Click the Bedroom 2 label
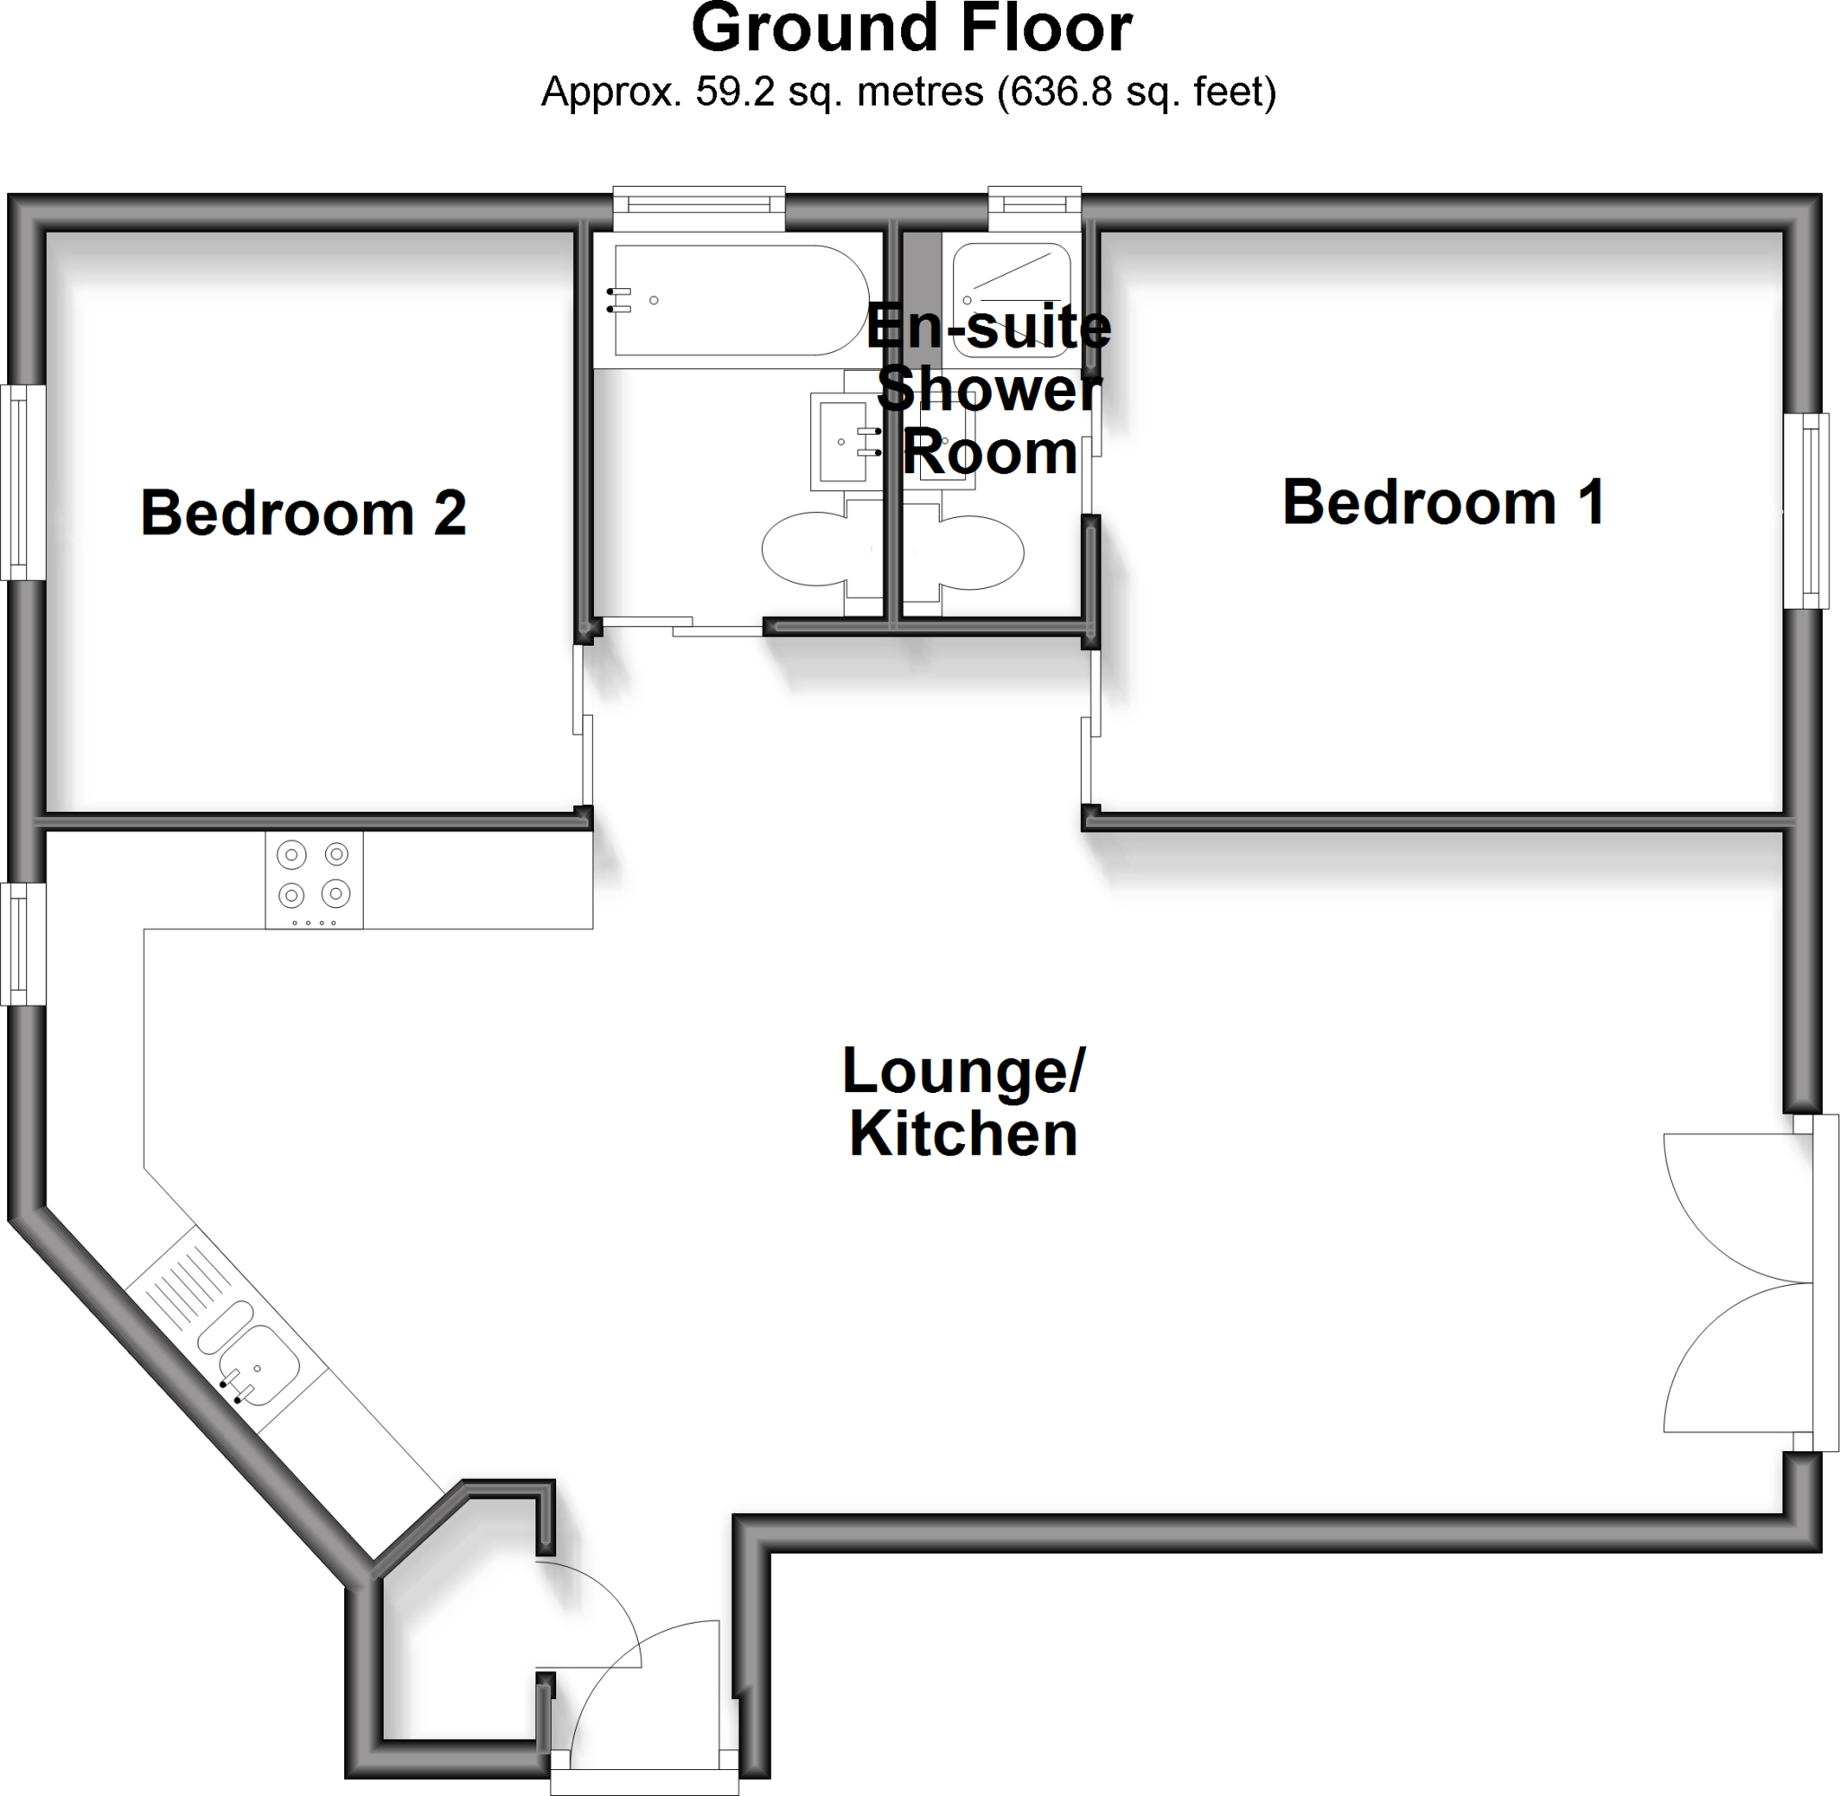[303, 513]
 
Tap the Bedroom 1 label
[1443, 502]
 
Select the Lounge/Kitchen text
[962, 1101]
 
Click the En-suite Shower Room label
[988, 390]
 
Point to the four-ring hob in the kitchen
[314, 879]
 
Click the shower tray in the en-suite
[1011, 300]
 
